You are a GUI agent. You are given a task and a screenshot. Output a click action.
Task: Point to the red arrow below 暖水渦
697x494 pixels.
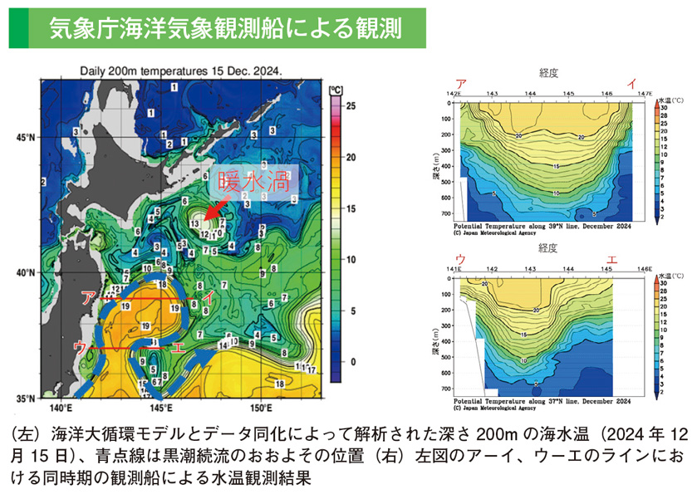[218, 211]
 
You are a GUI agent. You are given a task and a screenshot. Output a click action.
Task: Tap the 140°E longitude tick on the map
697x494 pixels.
[61, 408]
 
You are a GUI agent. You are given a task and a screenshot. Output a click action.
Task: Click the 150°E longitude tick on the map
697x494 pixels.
[259, 408]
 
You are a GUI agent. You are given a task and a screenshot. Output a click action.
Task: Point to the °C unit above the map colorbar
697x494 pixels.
[336, 89]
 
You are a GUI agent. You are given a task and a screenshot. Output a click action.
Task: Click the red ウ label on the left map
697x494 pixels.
[80, 347]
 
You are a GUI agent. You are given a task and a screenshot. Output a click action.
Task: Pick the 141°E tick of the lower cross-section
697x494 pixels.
[454, 269]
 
